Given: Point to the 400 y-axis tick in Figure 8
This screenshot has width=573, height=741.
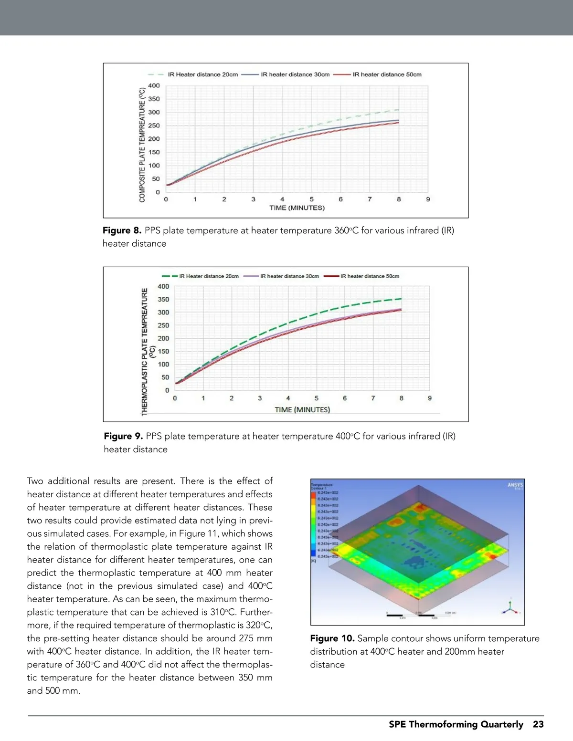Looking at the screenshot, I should (x=154, y=86).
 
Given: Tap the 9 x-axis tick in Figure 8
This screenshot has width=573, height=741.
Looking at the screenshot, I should (x=428, y=199).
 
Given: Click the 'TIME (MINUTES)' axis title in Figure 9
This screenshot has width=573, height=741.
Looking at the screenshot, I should (x=302, y=409).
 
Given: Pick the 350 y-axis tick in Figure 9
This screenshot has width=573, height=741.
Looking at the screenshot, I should (x=163, y=300).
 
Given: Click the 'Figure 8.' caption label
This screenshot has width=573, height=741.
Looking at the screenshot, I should (x=122, y=230).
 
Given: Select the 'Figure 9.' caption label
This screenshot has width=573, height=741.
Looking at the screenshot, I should (x=123, y=436).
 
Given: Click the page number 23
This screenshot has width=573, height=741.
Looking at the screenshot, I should (x=538, y=724).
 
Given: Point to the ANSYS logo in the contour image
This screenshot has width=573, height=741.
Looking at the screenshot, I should (x=515, y=486).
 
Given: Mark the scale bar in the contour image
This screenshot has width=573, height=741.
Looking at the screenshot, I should (x=418, y=615).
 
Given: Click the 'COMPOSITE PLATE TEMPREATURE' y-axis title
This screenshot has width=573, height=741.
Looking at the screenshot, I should (x=142, y=145).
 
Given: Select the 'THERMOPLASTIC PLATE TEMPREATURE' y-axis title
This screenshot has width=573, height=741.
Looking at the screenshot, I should (x=145, y=351).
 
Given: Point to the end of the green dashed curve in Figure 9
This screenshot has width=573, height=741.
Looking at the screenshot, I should (x=401, y=299).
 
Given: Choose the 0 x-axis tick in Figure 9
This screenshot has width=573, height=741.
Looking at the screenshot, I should (x=175, y=398).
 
